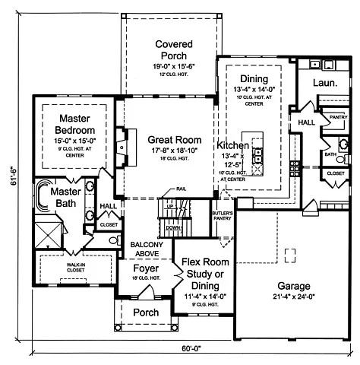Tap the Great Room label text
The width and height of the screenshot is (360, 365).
(175, 139)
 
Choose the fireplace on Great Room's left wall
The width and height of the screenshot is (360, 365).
(121, 142)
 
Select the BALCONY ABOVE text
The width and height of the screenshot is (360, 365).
(145, 249)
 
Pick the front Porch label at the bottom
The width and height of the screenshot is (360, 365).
(145, 312)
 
